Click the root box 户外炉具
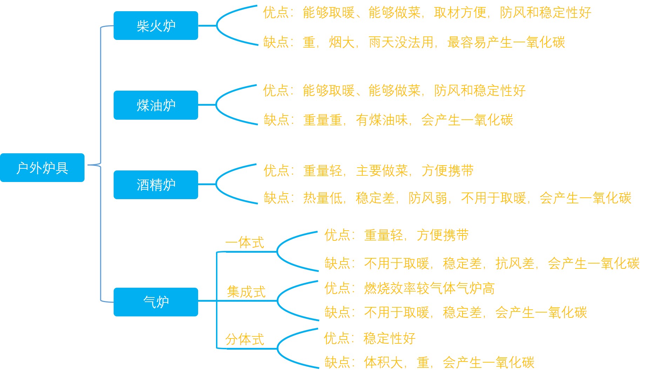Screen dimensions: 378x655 tap(42, 168)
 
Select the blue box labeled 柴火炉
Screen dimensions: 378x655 tap(156, 26)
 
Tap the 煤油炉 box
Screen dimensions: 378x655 tap(156, 105)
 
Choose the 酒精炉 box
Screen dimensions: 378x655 tap(156, 184)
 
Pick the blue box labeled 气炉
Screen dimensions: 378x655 tap(156, 302)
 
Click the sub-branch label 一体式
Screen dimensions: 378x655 tap(244, 243)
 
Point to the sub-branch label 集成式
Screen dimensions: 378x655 tap(246, 292)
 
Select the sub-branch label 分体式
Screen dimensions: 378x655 tap(244, 339)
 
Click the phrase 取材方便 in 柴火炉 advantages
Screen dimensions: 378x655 tap(460, 13)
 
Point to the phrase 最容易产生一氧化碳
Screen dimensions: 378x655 tap(506, 42)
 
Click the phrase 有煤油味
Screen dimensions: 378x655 tap(381, 120)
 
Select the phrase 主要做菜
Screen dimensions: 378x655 tap(382, 171)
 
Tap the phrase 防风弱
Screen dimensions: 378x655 tap(428, 198)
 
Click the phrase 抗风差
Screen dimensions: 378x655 tap(515, 263)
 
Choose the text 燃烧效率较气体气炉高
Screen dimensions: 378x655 tap(429, 288)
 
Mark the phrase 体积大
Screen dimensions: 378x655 tap(383, 362)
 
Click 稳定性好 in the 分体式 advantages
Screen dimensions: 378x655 tap(390, 338)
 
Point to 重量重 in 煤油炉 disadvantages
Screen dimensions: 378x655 tap(323, 120)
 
